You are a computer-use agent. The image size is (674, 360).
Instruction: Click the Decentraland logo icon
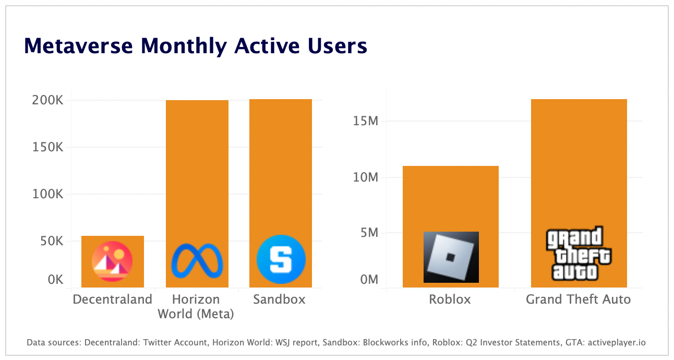coord(112,261)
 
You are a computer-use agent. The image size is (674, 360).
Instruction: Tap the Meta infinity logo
coord(197,260)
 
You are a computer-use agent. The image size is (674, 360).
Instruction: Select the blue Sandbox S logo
coord(281,259)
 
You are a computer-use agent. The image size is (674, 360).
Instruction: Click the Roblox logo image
coord(451,257)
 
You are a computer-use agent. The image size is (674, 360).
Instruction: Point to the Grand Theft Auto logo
coord(578,254)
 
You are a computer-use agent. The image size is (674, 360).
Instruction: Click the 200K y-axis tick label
coord(47,100)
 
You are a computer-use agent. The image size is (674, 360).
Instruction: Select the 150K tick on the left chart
coord(47,147)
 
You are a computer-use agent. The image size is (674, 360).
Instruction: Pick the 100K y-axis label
coord(47,194)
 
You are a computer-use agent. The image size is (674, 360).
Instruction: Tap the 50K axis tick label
coord(51,242)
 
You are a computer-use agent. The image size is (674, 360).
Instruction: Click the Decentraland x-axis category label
coord(112,299)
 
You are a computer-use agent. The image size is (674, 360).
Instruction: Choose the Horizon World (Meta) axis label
coord(196,307)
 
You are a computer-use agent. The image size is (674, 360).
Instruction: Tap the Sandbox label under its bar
coord(279,299)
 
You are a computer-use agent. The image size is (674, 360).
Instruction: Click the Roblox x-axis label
coord(450,299)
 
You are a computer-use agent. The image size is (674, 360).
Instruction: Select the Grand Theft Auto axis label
coord(578,299)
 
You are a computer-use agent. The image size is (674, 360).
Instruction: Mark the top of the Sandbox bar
coord(281,100)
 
